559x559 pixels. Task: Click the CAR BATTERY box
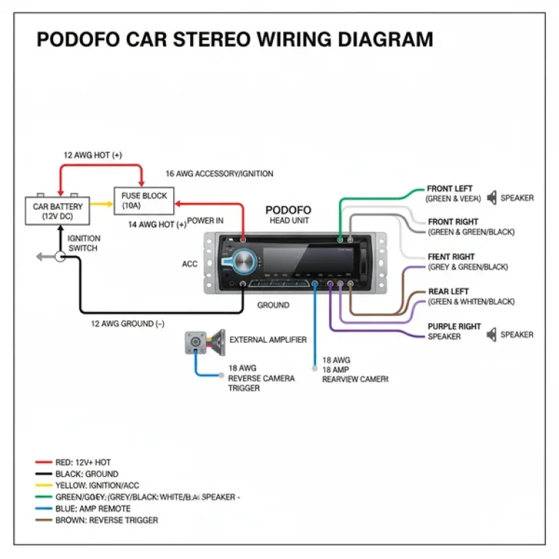pos(58,211)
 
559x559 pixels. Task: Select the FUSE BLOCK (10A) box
pos(143,200)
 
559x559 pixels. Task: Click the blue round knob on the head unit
pos(242,261)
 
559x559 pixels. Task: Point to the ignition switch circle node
pos(60,257)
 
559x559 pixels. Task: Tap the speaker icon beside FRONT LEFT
pos(493,197)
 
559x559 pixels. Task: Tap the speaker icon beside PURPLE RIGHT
pos(493,335)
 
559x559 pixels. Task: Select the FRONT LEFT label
pos(449,189)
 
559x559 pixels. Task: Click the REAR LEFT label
pos(448,291)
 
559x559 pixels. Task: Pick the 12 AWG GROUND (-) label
pos(127,323)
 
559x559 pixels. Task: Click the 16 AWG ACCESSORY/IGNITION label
pos(219,174)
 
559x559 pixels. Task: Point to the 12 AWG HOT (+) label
pos(92,155)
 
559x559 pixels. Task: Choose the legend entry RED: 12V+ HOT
pos(83,462)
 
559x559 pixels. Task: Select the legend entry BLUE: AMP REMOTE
pos(92,509)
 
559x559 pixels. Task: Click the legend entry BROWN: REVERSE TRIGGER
pos(106,520)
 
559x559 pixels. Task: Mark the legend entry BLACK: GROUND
pos(87,474)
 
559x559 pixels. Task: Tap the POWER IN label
pos(205,221)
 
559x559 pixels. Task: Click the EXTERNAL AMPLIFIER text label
pos(268,340)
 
